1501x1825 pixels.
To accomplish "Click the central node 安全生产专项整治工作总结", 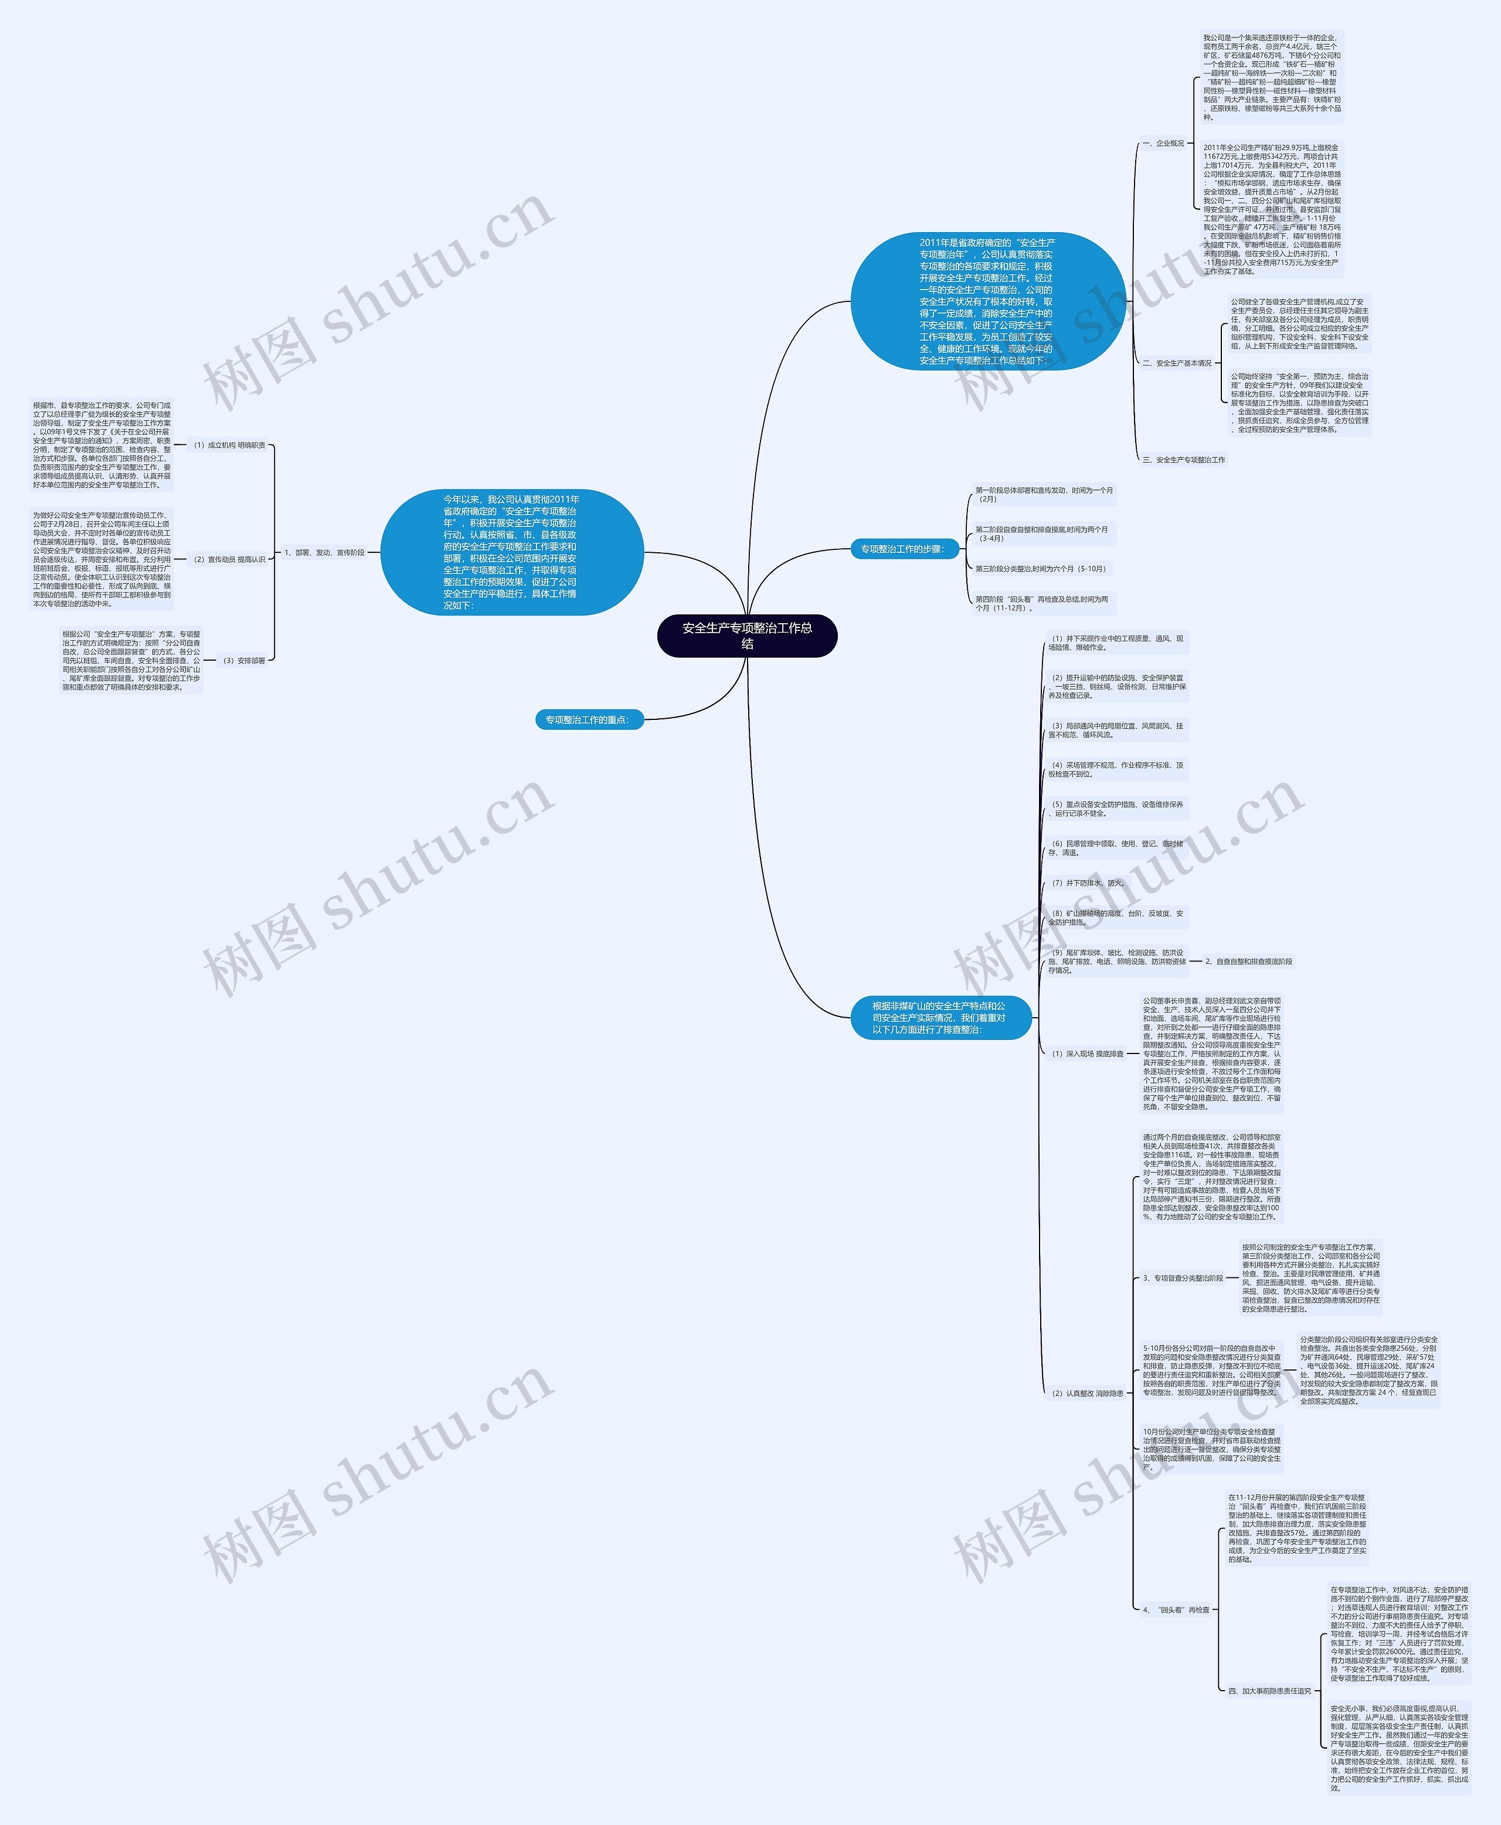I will click(x=747, y=635).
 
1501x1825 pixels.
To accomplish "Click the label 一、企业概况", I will click(x=1163, y=144).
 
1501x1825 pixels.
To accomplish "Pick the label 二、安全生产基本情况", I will click(x=1177, y=363).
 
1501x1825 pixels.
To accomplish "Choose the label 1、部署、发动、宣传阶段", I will click(x=324, y=552).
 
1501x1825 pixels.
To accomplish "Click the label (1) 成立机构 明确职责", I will click(x=229, y=445).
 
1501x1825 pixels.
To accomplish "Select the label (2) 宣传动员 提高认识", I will click(x=229, y=559).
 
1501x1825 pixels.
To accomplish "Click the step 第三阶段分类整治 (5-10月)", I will click(x=1040, y=569).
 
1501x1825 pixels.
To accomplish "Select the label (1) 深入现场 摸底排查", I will click(x=1087, y=1054).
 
